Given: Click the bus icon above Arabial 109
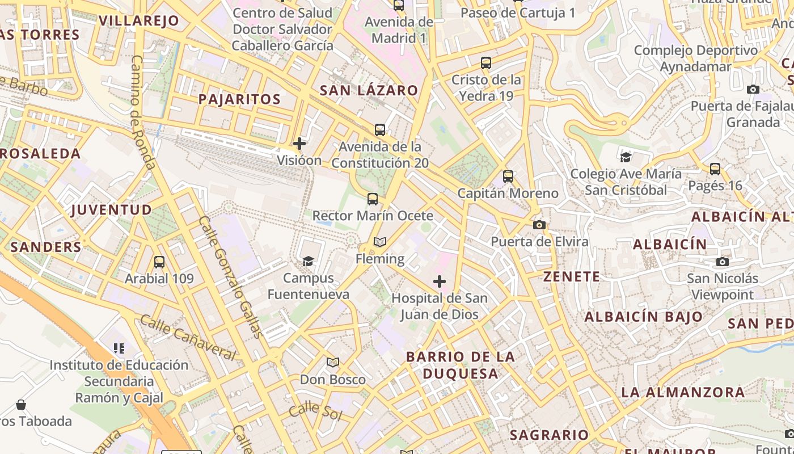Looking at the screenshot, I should pos(159,262).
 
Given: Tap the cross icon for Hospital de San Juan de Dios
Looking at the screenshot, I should pos(440,281).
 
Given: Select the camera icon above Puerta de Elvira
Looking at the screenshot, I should pos(539,225).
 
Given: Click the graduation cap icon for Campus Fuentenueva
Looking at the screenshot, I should pos(308,261).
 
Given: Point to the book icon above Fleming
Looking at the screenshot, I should pos(380,242).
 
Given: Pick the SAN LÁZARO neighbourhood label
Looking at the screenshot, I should pos(369,90).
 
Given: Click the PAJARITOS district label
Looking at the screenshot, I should pos(239,99).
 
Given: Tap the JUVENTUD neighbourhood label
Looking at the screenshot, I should pos(112,210).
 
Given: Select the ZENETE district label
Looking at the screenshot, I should pos(572,277).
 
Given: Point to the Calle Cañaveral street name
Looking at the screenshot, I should pos(187,338).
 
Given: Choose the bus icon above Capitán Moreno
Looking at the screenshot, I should pos(508,176).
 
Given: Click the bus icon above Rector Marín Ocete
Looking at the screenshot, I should pos(373,199).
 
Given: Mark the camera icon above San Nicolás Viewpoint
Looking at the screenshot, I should pos(722,262).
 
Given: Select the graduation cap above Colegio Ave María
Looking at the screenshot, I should pos(626,157).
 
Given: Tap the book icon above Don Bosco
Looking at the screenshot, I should pos(333,363).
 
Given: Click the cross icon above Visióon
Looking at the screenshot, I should pos(299,144).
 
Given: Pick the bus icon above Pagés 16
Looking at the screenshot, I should pos(715,169).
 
